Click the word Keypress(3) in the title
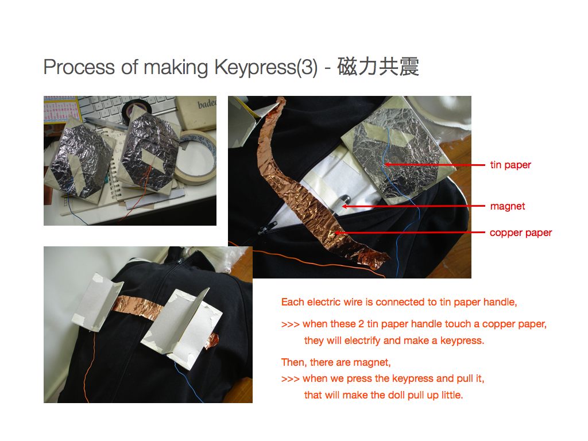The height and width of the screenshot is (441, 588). pos(266,67)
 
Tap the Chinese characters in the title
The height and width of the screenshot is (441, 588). pos(378,67)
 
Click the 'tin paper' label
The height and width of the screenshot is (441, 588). pos(510,165)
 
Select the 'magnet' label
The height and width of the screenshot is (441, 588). pos(508,206)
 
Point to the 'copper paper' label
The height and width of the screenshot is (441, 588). pos(521,233)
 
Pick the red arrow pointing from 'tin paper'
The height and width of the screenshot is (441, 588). pos(434,165)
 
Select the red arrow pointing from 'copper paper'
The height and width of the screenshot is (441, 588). pos(409,233)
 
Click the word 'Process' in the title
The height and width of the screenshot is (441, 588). pos(79,67)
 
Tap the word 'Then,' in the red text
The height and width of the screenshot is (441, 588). pos(294,363)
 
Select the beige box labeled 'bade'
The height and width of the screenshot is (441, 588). pos(197,113)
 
